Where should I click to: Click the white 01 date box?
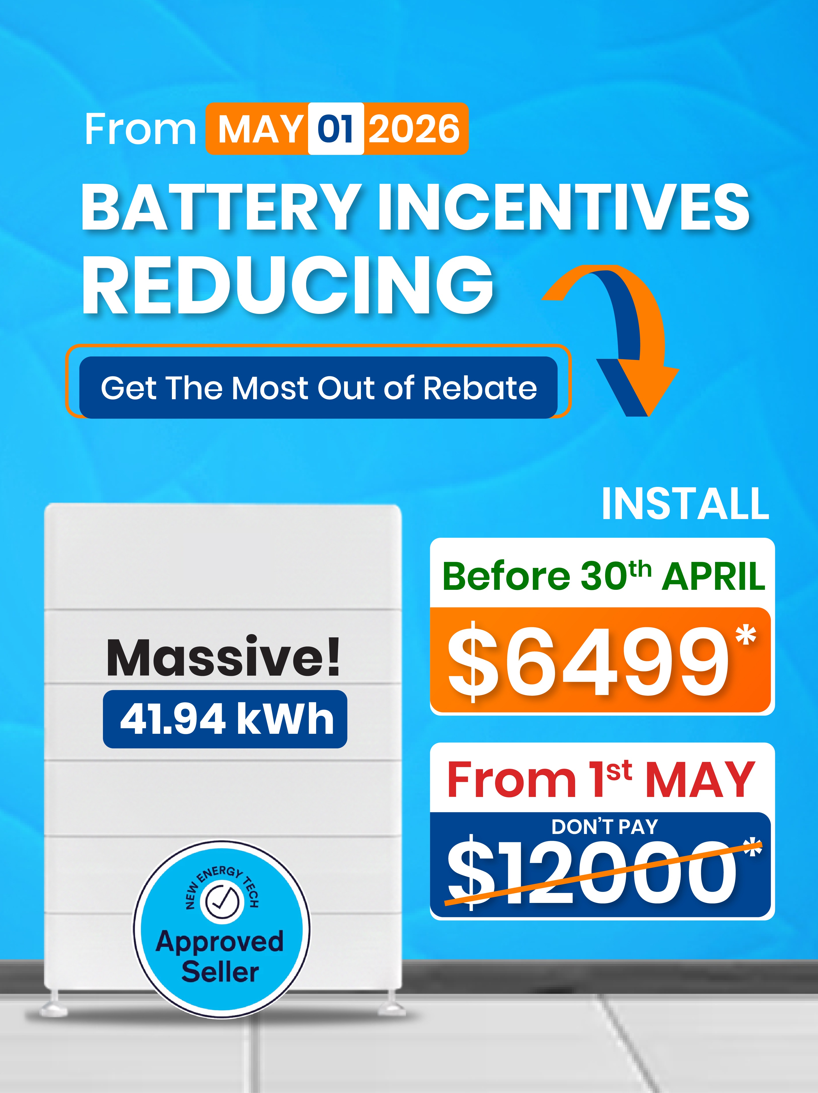coord(336,128)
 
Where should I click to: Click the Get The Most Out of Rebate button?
coord(319,387)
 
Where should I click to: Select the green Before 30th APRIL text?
coord(604,576)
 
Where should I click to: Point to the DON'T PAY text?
coord(605,827)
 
